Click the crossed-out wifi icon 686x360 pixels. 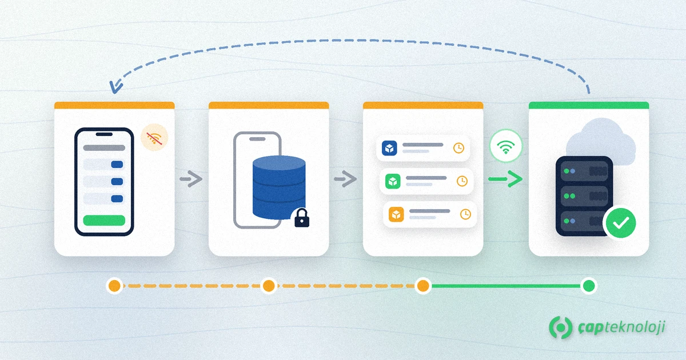click(x=154, y=138)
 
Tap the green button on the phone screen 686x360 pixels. click(x=104, y=221)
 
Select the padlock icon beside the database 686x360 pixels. click(x=302, y=218)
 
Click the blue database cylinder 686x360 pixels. click(x=279, y=187)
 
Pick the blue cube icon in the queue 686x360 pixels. click(x=389, y=148)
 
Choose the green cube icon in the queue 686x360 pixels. click(x=393, y=181)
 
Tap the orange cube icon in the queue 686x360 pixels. click(x=396, y=214)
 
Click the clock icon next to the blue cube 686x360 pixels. click(x=458, y=148)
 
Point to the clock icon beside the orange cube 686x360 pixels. click(x=465, y=214)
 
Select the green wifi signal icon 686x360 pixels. click(x=505, y=146)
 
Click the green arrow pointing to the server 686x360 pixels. click(x=505, y=179)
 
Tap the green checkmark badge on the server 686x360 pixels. click(x=621, y=223)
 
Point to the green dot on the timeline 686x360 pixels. click(x=589, y=286)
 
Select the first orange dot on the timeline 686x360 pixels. click(x=114, y=286)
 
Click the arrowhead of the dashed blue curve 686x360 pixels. click(x=114, y=87)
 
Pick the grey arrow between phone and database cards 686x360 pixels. click(x=191, y=179)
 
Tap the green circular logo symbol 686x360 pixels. click(x=561, y=327)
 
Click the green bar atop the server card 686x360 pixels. click(x=589, y=105)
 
